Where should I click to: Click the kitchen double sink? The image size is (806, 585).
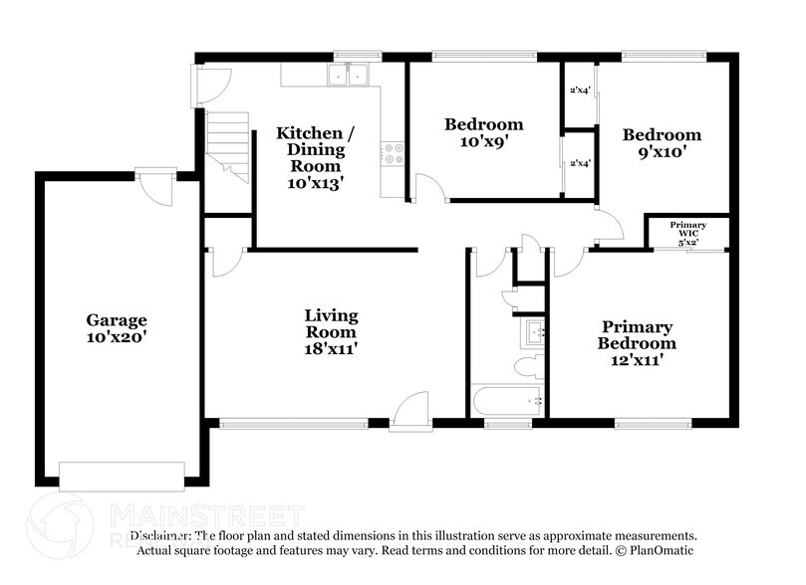click(x=349, y=75)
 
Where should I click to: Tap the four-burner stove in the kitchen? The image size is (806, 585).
click(x=393, y=153)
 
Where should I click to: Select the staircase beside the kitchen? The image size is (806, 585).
click(x=226, y=144)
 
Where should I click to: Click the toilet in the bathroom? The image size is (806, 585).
click(x=529, y=366)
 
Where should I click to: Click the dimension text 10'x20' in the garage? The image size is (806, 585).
click(x=117, y=337)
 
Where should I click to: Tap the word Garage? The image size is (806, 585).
click(x=117, y=320)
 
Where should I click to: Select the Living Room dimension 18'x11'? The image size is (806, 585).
click(x=331, y=348)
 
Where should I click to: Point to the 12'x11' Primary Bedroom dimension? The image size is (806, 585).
click(x=637, y=360)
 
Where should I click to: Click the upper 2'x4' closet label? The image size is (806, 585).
click(x=580, y=91)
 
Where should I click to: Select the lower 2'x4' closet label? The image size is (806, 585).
click(x=580, y=163)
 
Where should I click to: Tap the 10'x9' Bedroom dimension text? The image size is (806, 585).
click(x=483, y=141)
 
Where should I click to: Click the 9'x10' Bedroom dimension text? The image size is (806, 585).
click(x=662, y=152)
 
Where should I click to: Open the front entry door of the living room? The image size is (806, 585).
click(x=410, y=412)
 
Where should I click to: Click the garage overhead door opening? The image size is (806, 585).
click(x=122, y=476)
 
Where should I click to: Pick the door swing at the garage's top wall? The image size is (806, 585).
click(x=155, y=187)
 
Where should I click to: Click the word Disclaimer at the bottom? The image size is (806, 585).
click(x=145, y=535)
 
